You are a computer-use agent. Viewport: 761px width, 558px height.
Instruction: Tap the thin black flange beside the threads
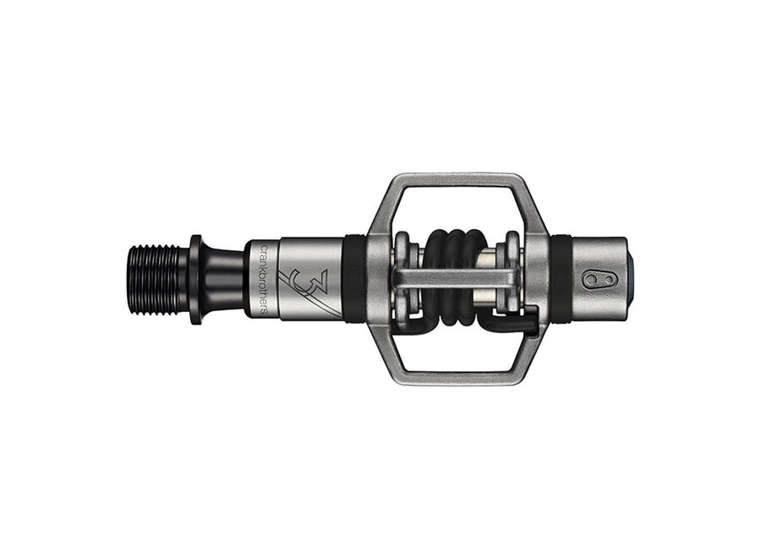pyautogui.click(x=195, y=280)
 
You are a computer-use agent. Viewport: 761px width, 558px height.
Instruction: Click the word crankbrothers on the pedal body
pyautogui.click(x=264, y=280)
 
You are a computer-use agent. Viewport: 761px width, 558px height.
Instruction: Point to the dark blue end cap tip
pyautogui.click(x=630, y=280)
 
